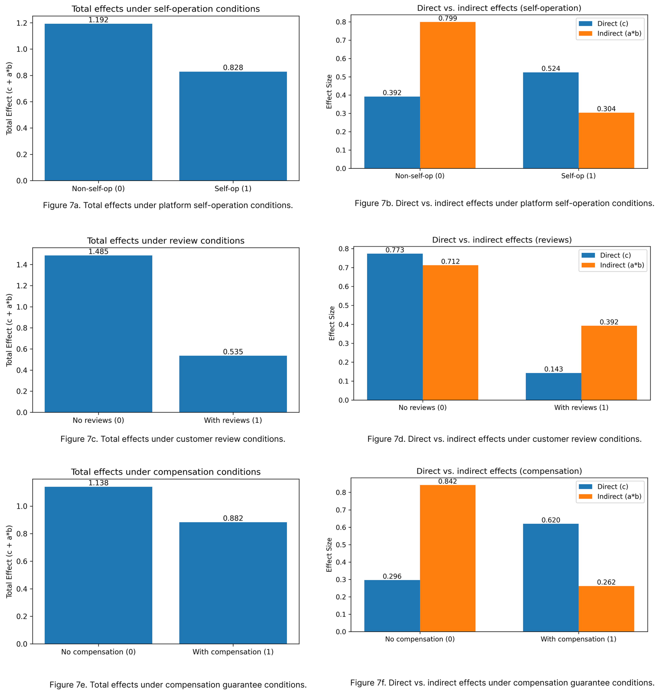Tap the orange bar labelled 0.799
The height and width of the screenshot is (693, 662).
pyautogui.click(x=447, y=95)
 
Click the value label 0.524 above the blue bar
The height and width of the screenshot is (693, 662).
pyautogui.click(x=551, y=69)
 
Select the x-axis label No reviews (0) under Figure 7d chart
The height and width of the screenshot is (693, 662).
pyautogui.click(x=422, y=408)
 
